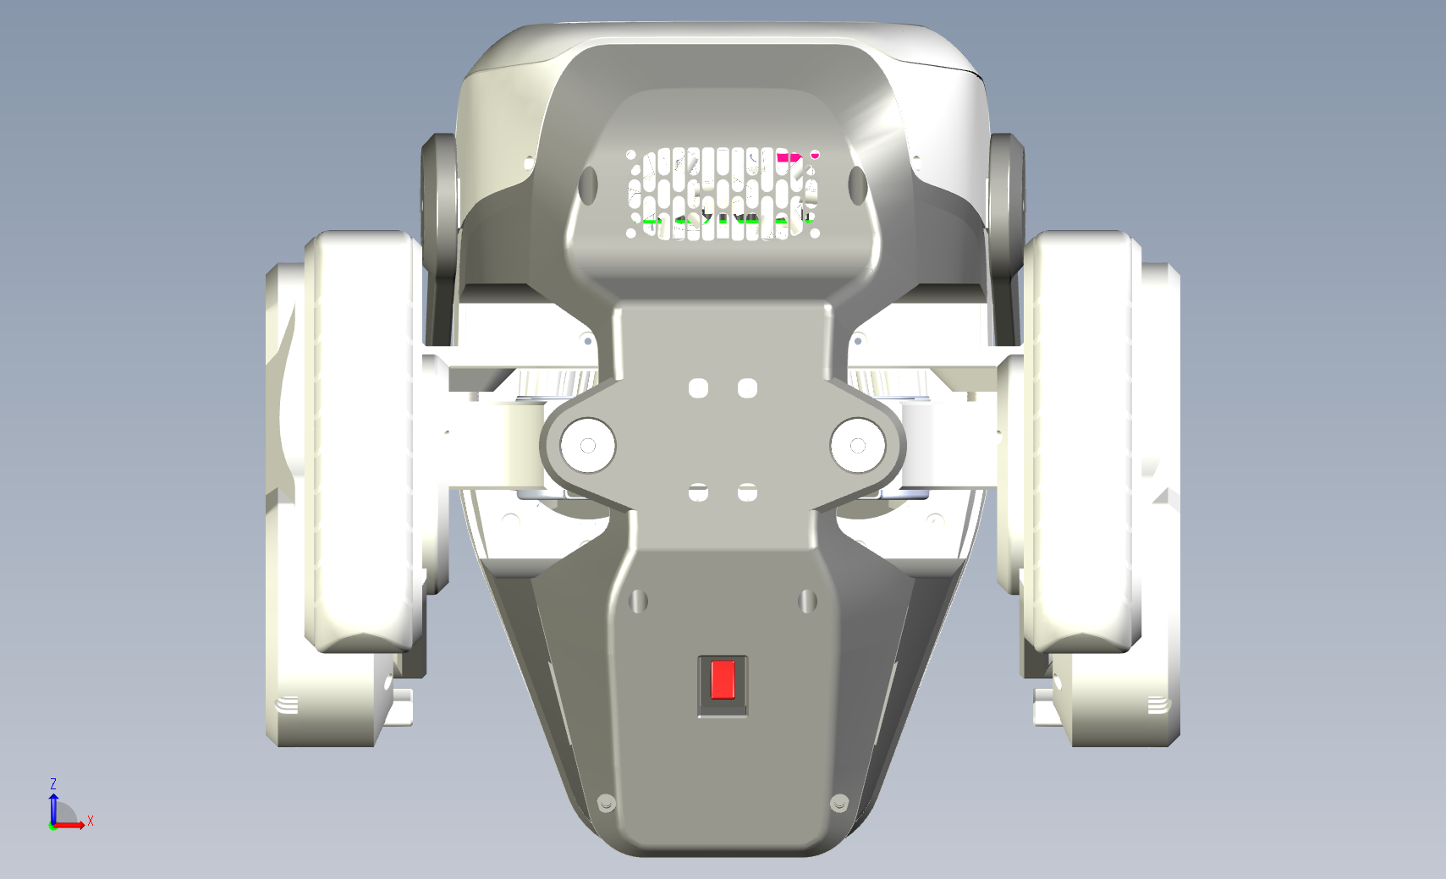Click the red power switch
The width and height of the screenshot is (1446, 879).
pyautogui.click(x=723, y=679)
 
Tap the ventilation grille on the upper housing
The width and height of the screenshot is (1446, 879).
pyautogui.click(x=723, y=194)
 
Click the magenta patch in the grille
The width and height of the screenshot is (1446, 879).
pyautogui.click(x=789, y=157)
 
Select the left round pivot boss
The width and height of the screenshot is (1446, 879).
pyautogui.click(x=587, y=445)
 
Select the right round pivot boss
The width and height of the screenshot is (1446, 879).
pyautogui.click(x=858, y=445)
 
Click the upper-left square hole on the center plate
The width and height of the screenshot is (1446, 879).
pyautogui.click(x=699, y=388)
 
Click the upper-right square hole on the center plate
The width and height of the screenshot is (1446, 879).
pyautogui.click(x=747, y=388)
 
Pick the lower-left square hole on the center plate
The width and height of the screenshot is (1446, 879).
pyautogui.click(x=699, y=492)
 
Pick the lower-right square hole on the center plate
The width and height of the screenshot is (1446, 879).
pyautogui.click(x=747, y=492)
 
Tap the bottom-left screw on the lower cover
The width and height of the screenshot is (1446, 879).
pyautogui.click(x=606, y=803)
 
